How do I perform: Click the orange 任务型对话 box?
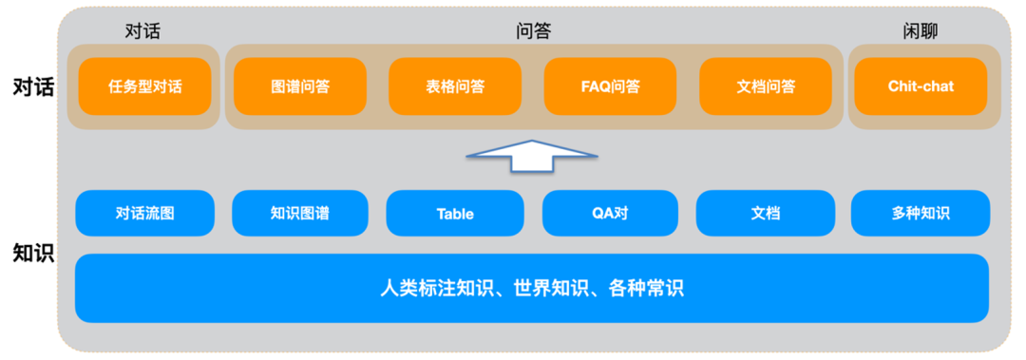144,86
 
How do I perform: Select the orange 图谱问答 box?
299,86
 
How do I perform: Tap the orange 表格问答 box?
455,86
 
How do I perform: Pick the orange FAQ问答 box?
610,86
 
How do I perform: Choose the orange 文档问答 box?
766,86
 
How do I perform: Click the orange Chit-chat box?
921,86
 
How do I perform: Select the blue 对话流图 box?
144,214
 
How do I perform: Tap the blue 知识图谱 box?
299,214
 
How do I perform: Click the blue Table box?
455,214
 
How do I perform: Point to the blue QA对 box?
610,214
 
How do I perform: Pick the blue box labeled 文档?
765,214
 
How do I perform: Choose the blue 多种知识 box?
920,214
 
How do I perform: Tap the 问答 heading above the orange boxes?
533,31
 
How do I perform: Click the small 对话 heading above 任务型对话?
142,31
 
